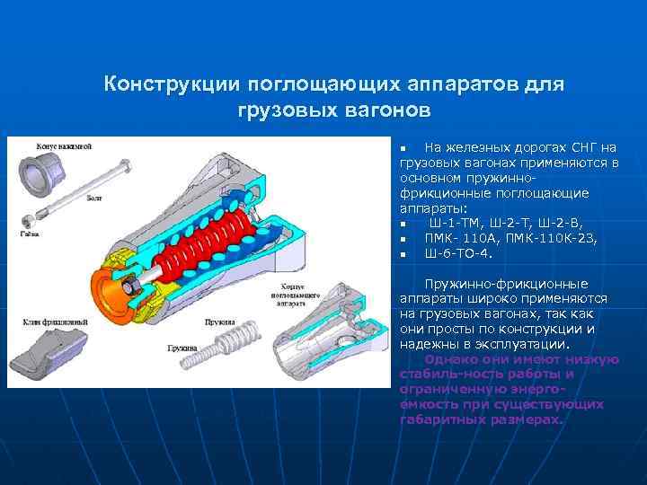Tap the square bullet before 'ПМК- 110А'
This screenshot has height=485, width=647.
[x=405, y=240]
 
